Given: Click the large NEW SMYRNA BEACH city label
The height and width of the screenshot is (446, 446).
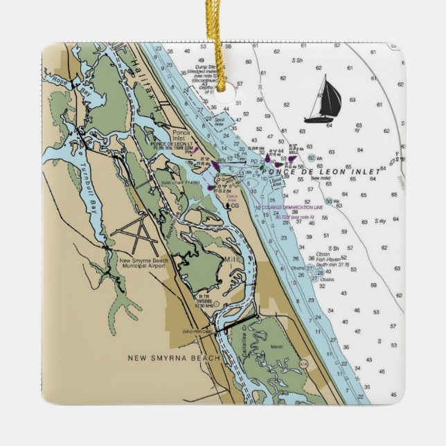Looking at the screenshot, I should pyautogui.click(x=174, y=358).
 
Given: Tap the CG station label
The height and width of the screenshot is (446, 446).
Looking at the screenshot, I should pyautogui.click(x=235, y=206).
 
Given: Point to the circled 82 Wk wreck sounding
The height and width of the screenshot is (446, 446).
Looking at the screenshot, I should pyautogui.click(x=313, y=159).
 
